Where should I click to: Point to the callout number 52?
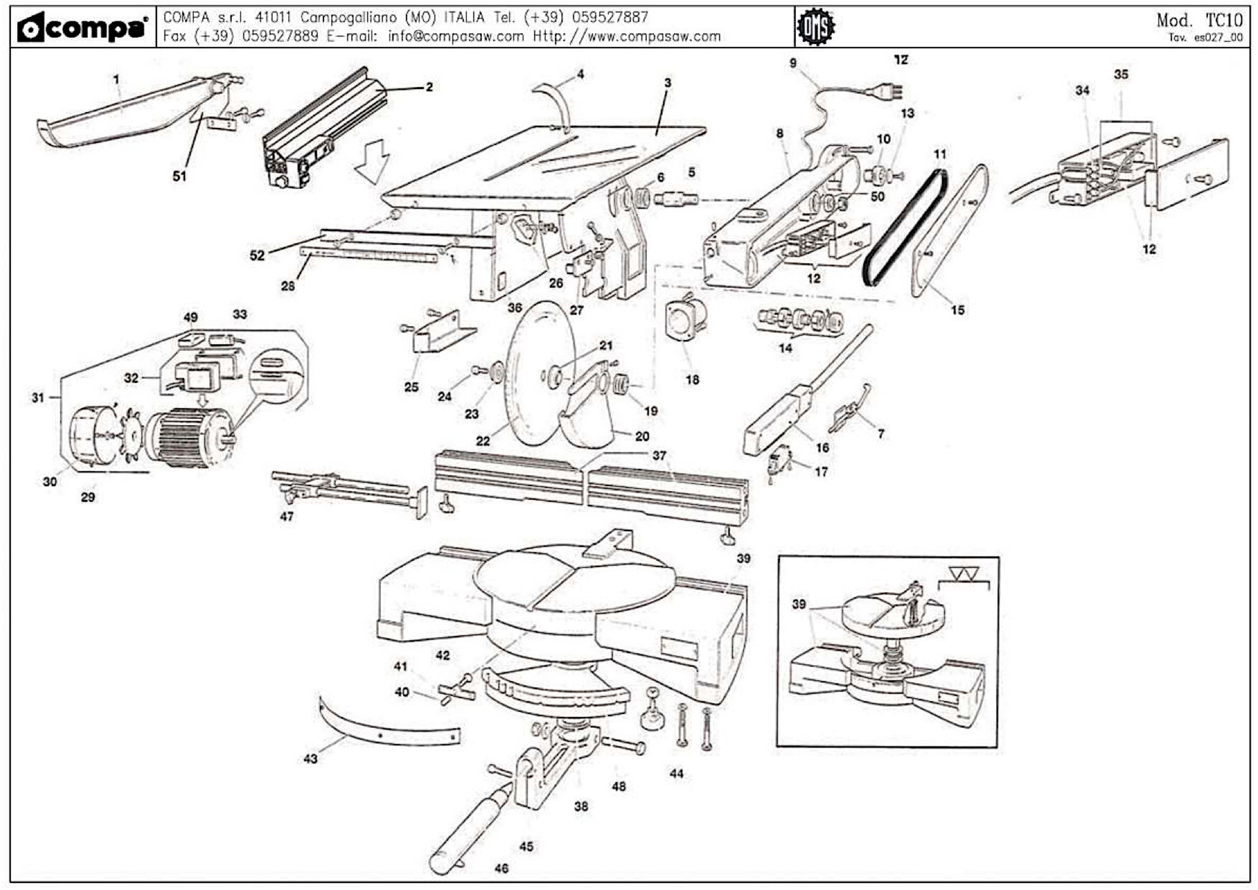click(257, 255)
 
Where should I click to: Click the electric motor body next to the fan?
click(189, 438)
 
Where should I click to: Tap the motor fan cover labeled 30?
click(91, 436)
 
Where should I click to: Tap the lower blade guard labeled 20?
click(589, 422)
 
